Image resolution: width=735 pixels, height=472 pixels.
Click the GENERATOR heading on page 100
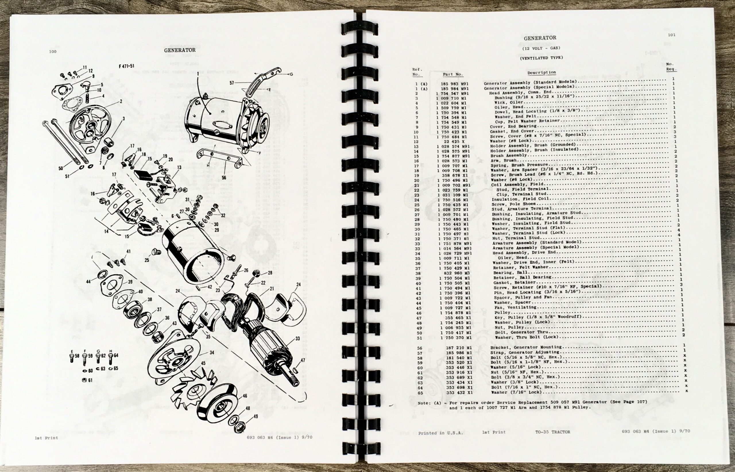[179, 50]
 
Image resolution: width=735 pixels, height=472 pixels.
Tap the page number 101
[671, 35]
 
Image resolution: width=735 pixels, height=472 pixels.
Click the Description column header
[541, 73]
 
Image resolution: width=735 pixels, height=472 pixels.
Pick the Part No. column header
[453, 74]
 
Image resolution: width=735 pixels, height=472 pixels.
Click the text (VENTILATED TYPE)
[541, 58]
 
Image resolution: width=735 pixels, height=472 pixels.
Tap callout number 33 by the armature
[297, 339]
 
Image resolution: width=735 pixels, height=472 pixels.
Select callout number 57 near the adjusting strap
[231, 83]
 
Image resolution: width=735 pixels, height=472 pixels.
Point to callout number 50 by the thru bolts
[61, 168]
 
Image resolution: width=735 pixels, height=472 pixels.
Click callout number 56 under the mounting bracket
[224, 178]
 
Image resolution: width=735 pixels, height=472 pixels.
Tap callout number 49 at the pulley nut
[255, 416]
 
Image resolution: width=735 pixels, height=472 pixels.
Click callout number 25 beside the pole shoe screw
[147, 260]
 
